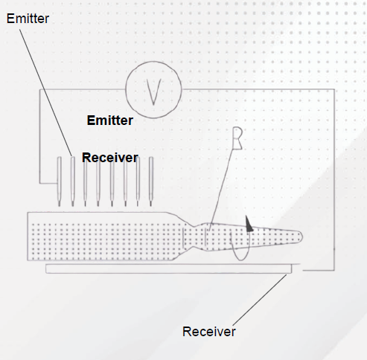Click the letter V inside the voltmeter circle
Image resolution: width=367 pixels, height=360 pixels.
tap(154, 91)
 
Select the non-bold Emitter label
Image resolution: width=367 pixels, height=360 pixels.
tap(28, 19)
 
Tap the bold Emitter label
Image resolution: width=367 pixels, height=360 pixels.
tap(110, 120)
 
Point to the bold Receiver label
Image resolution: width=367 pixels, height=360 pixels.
tap(110, 158)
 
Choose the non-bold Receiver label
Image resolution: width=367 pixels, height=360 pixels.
tap(209, 332)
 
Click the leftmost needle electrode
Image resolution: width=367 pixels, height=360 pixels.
tap(60, 181)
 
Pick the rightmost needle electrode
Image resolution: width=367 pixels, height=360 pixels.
tap(151, 181)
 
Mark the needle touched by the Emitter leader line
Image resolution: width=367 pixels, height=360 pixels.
tap(73, 181)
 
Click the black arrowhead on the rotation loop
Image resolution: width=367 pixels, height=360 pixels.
tap(249, 225)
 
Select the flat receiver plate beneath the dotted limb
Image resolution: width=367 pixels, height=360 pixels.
tap(169, 269)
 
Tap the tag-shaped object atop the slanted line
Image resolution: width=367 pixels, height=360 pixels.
tap(237, 138)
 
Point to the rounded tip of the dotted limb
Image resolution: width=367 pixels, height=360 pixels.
tap(300, 237)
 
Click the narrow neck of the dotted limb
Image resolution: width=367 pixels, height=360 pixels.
tap(194, 237)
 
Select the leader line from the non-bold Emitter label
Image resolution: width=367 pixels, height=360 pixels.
tap(46, 93)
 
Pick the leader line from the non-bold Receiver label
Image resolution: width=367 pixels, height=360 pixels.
tap(260, 300)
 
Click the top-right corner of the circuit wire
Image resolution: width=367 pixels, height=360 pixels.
tap(334, 89)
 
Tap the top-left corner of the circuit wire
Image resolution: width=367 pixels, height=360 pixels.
tap(39, 90)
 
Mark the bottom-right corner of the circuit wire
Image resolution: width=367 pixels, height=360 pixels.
tap(334, 270)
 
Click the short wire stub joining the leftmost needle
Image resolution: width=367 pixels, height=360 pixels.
tap(48, 184)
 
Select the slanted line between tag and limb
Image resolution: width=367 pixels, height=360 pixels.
tap(221, 190)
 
